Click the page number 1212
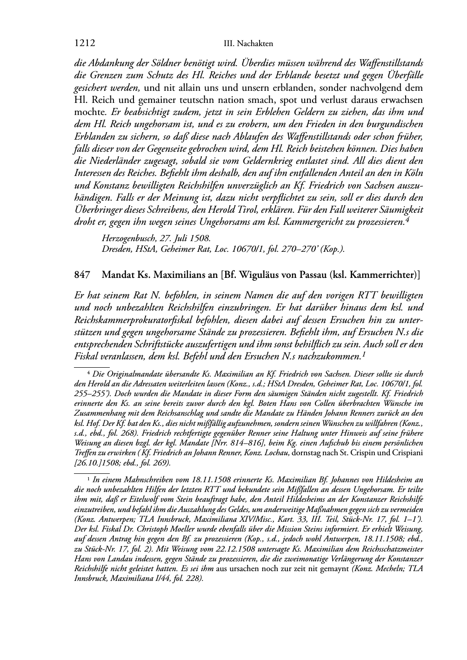85,43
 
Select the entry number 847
82,275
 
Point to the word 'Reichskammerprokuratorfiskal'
139,320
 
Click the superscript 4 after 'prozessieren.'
407,219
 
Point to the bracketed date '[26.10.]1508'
95,463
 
